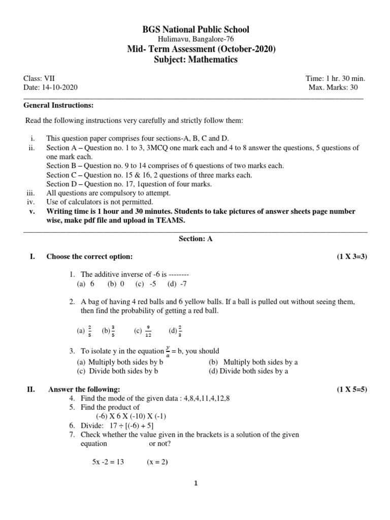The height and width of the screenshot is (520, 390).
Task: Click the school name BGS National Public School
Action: (195, 29)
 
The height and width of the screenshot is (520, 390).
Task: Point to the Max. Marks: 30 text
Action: (337, 88)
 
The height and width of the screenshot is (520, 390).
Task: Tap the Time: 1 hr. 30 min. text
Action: (335, 79)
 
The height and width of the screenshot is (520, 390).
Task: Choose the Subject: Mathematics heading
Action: (195, 59)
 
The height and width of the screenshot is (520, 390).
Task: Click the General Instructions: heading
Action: (59, 105)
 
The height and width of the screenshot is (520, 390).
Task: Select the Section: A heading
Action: (196, 239)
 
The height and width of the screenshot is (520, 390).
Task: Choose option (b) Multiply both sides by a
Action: (253, 362)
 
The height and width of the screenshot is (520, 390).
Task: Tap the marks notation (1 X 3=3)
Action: (351, 256)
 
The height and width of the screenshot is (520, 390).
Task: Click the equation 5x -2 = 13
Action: (108, 462)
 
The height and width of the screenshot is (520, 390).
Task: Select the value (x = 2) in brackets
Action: (157, 462)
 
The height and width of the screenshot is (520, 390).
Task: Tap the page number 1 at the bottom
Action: (196, 483)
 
